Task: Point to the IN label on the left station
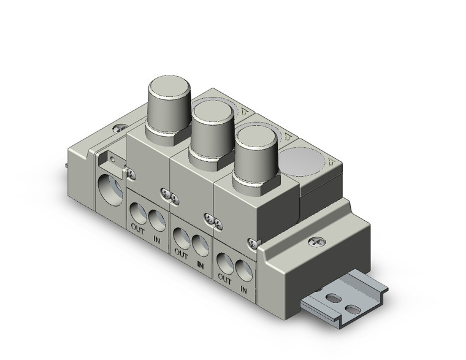pos(158,235)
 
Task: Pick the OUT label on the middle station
pos(181,251)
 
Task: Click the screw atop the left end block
pos(118,128)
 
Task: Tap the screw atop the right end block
pos(316,242)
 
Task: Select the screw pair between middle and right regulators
pos(212,218)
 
